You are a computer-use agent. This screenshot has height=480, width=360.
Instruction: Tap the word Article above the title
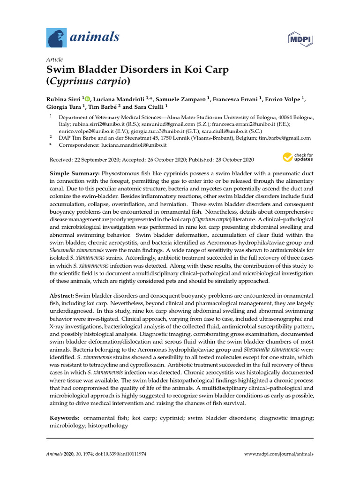54,60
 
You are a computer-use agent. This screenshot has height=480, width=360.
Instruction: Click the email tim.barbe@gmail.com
285,138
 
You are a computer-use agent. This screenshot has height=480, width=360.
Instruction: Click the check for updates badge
297,157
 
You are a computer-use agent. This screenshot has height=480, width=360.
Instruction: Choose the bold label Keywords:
65,417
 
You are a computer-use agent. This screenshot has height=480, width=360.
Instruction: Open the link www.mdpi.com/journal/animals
279,454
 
